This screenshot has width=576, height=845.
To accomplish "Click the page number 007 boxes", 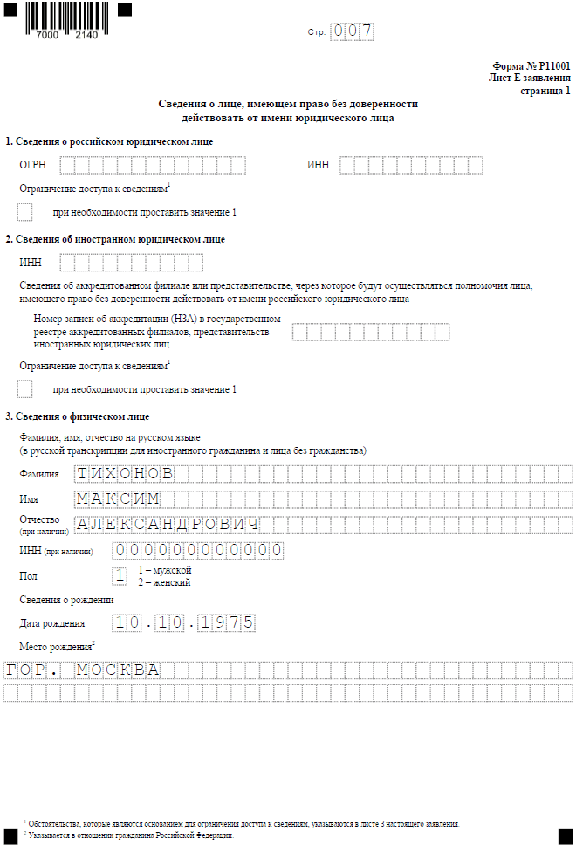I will (x=353, y=32).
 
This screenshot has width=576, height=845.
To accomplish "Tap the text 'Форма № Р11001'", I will (x=531, y=65).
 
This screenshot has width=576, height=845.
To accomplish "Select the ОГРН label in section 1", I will (x=33, y=165).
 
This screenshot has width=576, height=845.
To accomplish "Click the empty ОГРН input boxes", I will (x=153, y=165).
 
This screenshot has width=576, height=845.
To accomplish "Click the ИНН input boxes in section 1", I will (x=410, y=165).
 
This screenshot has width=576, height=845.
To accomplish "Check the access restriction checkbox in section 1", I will (x=24, y=212).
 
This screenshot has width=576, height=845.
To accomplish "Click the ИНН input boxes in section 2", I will (x=131, y=262).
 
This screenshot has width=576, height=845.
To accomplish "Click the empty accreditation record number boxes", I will (x=371, y=332).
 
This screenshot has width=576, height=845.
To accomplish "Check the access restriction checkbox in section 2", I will (x=24, y=389).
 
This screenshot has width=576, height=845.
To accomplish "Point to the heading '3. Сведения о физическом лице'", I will (x=78, y=416).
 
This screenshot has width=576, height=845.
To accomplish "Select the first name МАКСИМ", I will (x=118, y=498).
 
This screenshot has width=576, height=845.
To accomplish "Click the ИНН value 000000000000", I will (x=198, y=550).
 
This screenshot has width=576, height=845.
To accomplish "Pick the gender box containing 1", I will (x=120, y=575).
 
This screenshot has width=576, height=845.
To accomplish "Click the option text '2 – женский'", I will (x=164, y=582).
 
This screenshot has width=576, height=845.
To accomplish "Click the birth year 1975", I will (x=226, y=622).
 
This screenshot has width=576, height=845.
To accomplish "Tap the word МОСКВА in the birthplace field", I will (x=118, y=670).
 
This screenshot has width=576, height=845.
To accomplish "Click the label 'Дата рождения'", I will (x=51, y=623).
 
